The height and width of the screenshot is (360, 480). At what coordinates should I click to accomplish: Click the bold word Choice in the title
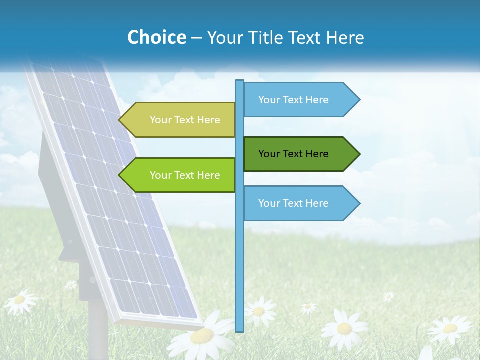click(x=156, y=37)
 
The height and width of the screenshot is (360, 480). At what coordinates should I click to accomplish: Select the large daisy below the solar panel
click(x=202, y=335)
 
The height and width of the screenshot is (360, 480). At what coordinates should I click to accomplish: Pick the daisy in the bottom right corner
click(x=450, y=328)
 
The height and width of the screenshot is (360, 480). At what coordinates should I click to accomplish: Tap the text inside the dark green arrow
click(x=293, y=154)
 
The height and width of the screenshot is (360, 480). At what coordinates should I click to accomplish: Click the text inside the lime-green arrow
click(x=185, y=175)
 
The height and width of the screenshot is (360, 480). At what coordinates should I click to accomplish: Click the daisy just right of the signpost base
click(x=259, y=311)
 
